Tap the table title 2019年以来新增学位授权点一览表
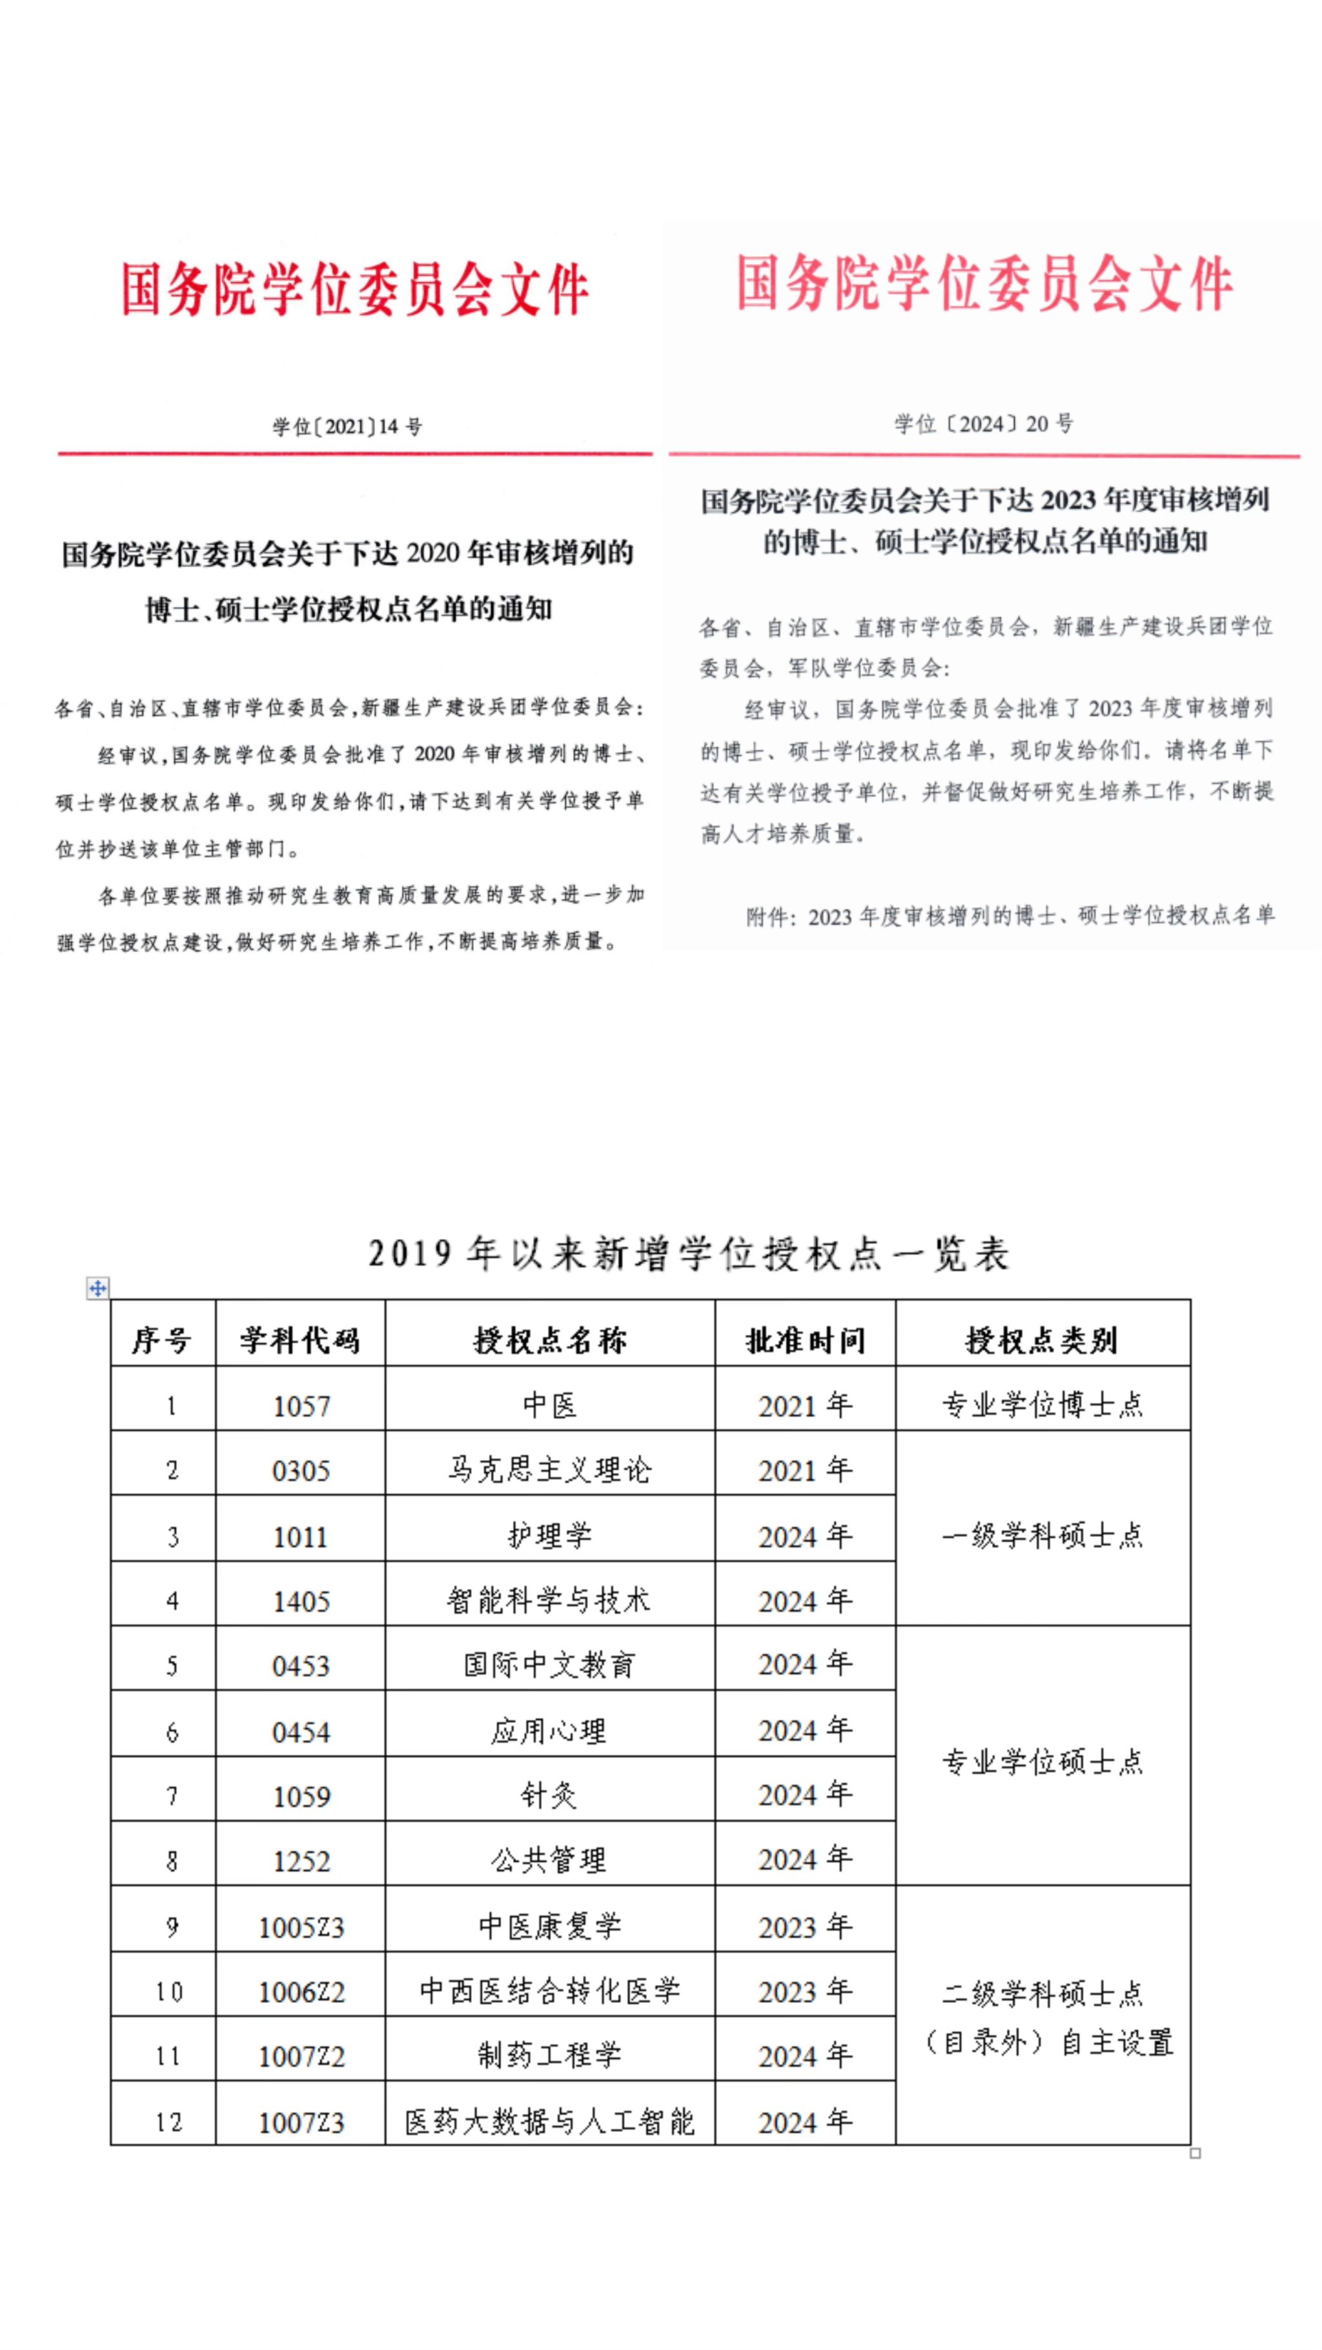[x=689, y=1254]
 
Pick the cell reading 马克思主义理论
[x=549, y=1470]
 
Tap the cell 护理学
[x=549, y=1535]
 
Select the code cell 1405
[x=300, y=1601]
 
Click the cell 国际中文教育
[x=549, y=1665]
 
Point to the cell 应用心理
[x=549, y=1731]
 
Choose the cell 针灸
[x=549, y=1795]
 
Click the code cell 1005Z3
[x=300, y=1927]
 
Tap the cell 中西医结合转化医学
[x=549, y=1991]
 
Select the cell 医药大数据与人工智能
[x=549, y=2121]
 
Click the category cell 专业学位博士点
[x=1042, y=1405]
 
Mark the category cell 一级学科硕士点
[x=1042, y=1535]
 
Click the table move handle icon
[x=97, y=1287]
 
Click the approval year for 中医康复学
[x=805, y=1927]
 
